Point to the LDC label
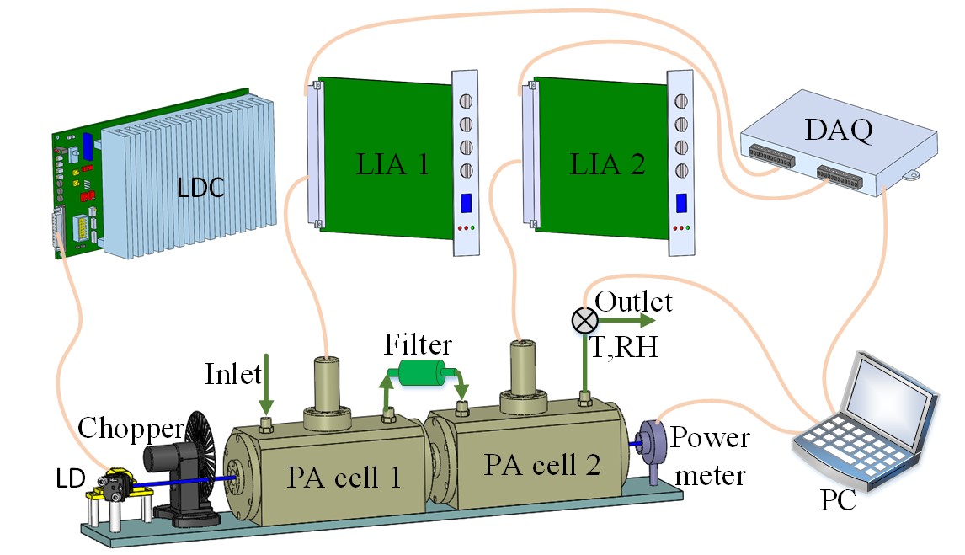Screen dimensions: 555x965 coord(200,188)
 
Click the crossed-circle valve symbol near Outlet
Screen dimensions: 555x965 coord(584,320)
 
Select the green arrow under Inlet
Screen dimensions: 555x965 coord(265,389)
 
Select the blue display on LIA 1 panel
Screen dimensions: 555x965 coord(465,204)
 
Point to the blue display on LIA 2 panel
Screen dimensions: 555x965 coord(680,203)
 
